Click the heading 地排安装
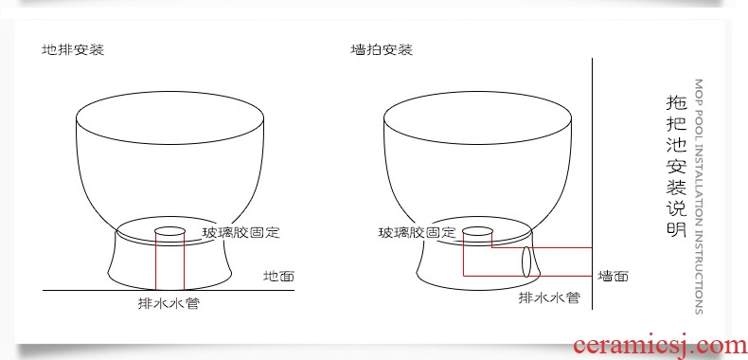point(73,49)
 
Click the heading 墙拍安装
point(382,49)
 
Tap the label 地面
point(279,276)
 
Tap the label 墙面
point(613,276)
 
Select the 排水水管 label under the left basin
point(169,303)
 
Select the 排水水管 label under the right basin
point(549,297)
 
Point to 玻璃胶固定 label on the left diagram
point(240,233)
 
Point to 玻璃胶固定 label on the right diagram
point(418,233)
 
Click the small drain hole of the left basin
point(169,231)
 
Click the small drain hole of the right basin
point(477,231)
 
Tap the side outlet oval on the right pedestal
point(526,261)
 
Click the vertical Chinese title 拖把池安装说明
point(676,166)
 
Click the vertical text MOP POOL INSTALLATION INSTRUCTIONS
point(699,197)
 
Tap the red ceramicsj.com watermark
point(660,346)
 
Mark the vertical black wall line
point(592,184)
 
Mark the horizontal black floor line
point(169,290)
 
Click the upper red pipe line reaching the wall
point(542,248)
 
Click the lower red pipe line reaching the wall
point(527,276)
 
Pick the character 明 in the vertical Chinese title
point(676,227)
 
